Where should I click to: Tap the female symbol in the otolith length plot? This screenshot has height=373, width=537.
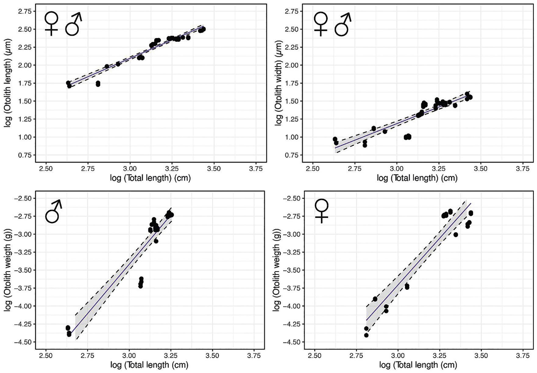[51, 24]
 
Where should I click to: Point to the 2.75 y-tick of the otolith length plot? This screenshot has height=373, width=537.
[25, 12]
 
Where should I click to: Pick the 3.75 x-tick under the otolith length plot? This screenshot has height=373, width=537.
[255, 168]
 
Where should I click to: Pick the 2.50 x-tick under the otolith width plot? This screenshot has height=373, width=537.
[313, 168]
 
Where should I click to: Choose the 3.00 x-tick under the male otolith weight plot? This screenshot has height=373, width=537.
[129, 355]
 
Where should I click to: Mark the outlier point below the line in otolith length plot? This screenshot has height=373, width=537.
[98, 84]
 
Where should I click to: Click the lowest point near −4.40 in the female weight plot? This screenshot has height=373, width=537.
[366, 335]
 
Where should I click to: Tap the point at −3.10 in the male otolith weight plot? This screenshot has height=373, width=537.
[156, 241]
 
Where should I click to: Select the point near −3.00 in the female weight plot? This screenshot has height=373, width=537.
[456, 235]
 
